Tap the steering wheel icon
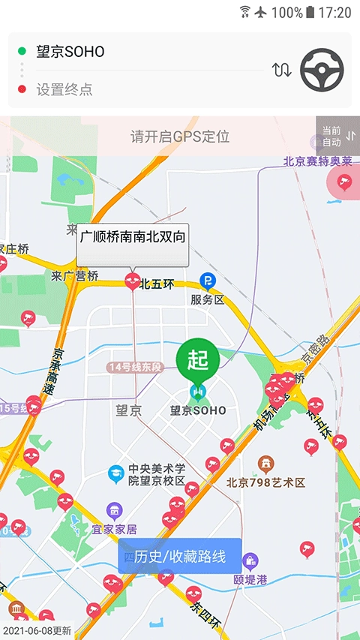(322, 71)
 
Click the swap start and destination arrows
(281, 71)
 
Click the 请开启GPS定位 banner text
(180, 137)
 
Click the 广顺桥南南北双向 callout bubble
(133, 238)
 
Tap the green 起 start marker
(197, 360)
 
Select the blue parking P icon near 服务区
(207, 281)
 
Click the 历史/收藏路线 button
(179, 556)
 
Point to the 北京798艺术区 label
(265, 482)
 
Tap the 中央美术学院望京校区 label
(157, 475)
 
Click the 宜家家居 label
(114, 530)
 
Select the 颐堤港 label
(250, 579)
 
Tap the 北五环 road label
(157, 284)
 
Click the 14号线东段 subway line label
(135, 367)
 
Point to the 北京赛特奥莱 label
(317, 161)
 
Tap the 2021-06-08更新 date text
(37, 630)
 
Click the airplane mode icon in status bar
(261, 12)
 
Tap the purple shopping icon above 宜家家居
(114, 511)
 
